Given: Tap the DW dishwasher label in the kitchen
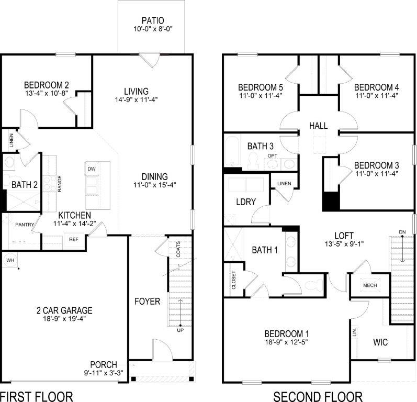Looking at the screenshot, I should tap(92, 169).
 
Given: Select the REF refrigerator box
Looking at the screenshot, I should tap(73, 239).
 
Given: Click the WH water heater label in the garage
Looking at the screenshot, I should tap(10, 260).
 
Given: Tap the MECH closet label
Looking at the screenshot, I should tap(370, 285).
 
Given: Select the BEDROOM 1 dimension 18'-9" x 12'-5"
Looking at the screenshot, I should tap(286, 343).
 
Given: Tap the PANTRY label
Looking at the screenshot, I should tap(25, 225).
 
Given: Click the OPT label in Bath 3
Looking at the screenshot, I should tap(272, 156).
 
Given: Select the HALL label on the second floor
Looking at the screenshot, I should tap(318, 126).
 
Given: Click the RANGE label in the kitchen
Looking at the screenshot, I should tap(60, 184).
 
